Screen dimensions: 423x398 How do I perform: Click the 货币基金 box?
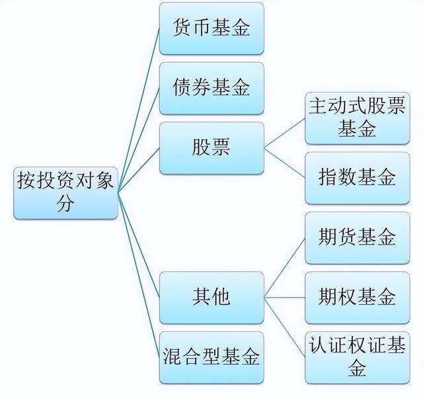(211, 28)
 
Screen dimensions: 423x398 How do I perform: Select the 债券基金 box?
(211, 88)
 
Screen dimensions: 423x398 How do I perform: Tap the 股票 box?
(211, 148)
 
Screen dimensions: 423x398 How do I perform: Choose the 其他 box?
(211, 298)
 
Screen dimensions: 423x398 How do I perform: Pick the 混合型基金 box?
(211, 358)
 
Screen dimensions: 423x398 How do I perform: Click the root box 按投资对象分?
(65, 193)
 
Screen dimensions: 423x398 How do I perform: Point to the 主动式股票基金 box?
(358, 118)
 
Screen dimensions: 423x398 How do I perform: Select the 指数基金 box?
(358, 178)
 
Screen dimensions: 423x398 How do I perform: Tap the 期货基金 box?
(358, 238)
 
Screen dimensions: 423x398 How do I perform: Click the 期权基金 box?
(358, 298)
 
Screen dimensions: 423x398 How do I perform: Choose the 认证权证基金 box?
(358, 358)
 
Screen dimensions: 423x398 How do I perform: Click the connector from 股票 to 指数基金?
(285, 163)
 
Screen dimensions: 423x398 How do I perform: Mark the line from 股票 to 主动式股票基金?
(285, 133)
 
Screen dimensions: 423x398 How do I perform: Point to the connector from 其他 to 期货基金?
(285, 268)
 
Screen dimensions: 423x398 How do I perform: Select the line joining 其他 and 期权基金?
(285, 298)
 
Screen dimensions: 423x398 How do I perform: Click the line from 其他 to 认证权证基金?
(285, 327)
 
